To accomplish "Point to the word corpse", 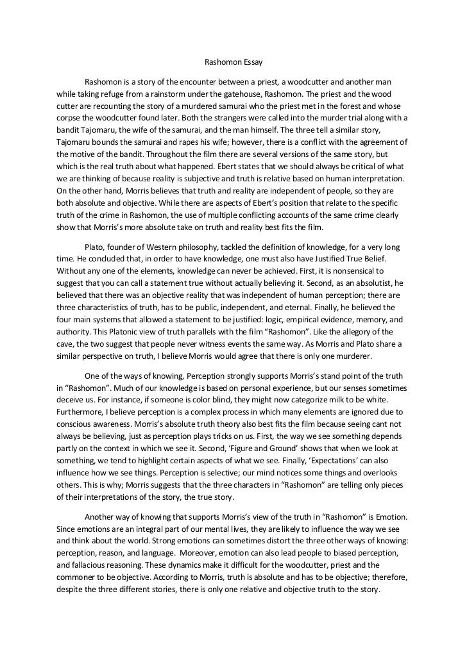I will pos(68,119).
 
